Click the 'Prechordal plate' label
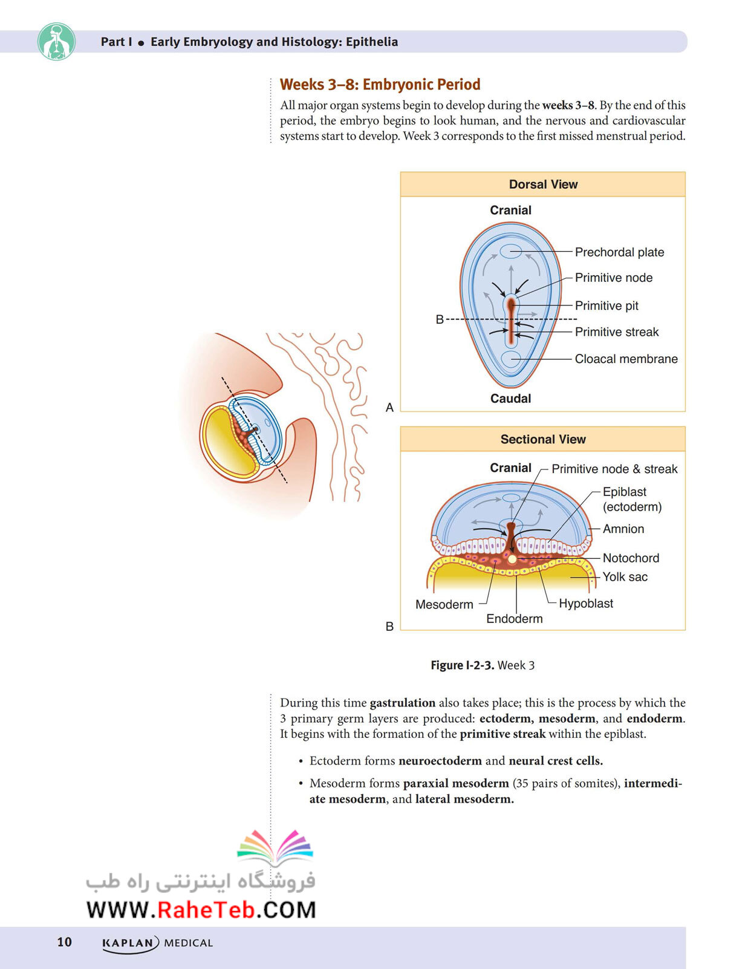click(619, 252)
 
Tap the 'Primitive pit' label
click(607, 306)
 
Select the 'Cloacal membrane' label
click(626, 359)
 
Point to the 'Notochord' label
click(630, 558)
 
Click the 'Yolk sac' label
click(625, 576)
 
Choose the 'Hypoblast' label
click(586, 603)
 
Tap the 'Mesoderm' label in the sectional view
click(444, 604)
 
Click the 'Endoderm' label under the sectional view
click(515, 619)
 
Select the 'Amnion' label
click(623, 529)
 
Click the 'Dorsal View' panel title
click(543, 184)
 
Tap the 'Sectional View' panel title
click(543, 439)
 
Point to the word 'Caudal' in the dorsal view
click(510, 399)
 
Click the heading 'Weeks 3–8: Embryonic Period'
click(380, 84)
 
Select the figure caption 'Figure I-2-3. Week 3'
click(483, 665)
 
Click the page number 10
click(64, 941)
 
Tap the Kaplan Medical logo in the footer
click(157, 943)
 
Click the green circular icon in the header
click(56, 42)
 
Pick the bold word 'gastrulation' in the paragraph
click(403, 703)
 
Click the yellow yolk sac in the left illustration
click(223, 442)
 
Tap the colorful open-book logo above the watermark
click(275, 846)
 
